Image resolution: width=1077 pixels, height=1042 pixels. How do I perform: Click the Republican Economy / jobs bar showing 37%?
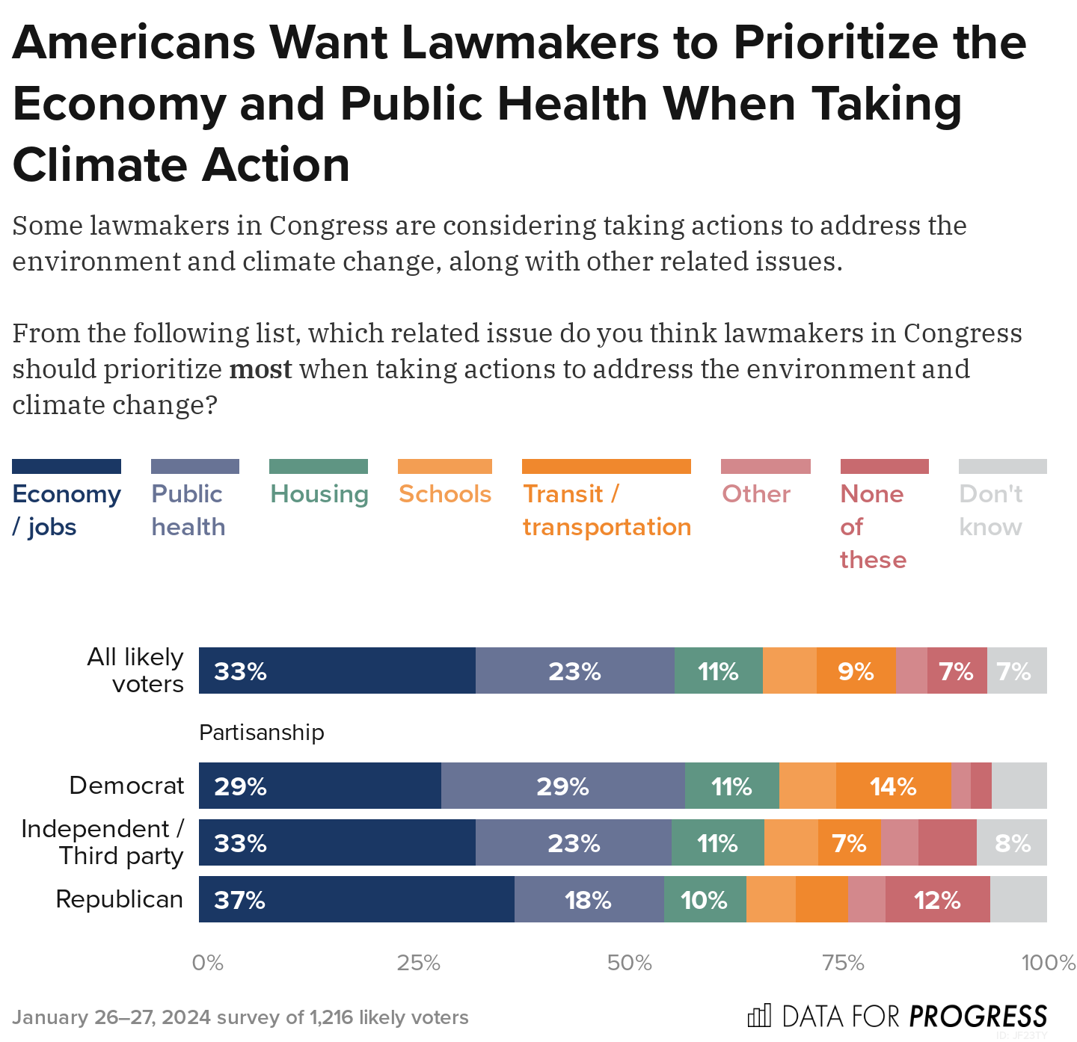tap(356, 899)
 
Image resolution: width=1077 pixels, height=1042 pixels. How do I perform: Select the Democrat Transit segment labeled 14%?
tap(893, 786)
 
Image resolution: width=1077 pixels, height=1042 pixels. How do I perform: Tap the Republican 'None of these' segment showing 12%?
tap(937, 899)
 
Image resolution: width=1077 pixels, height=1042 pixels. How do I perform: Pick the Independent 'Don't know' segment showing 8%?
tap(1011, 842)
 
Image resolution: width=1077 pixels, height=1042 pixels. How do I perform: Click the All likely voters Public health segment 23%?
tap(574, 670)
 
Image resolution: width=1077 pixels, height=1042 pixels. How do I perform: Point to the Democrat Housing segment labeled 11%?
tap(731, 786)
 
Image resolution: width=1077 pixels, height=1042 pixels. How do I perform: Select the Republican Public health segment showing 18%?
tap(589, 899)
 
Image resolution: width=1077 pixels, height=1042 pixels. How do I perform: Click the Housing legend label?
tap(319, 494)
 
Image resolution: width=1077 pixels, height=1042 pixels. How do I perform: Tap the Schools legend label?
tap(445, 494)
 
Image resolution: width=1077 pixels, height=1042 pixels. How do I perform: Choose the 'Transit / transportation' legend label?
tap(607, 511)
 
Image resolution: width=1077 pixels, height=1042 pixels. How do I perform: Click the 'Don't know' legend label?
tap(991, 511)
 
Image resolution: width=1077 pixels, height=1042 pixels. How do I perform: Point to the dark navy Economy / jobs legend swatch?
tap(67, 466)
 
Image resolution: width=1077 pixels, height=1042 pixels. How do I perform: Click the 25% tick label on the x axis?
tap(418, 963)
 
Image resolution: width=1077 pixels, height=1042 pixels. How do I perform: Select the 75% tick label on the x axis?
tap(843, 963)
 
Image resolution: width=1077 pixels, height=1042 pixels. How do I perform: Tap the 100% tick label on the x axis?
tap(1048, 963)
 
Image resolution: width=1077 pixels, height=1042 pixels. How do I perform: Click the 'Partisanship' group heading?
tap(262, 733)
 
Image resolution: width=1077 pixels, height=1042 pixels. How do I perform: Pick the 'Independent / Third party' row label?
tap(102, 842)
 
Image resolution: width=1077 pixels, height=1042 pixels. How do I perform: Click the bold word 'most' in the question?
tap(260, 369)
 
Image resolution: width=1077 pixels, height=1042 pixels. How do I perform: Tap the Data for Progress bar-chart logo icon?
tap(758, 1016)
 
